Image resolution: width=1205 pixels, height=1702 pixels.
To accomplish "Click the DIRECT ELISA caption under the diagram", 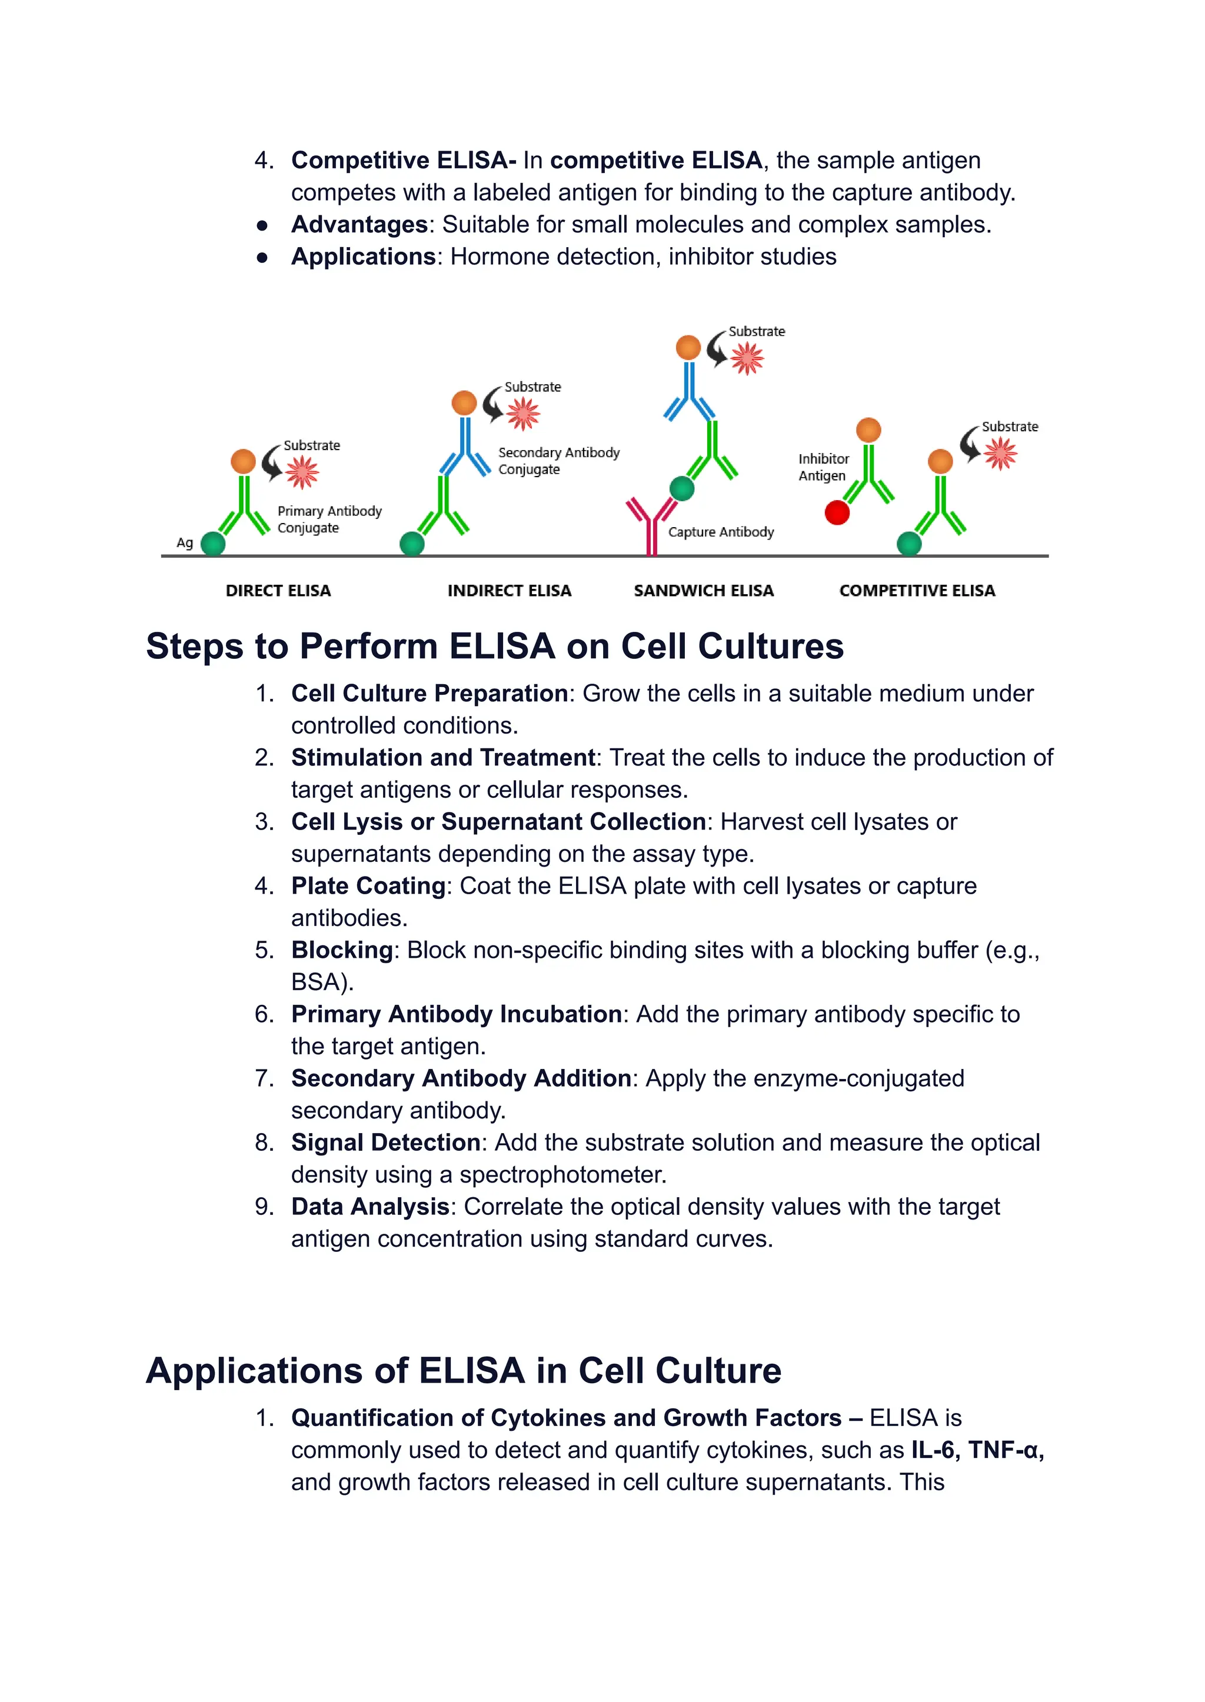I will tap(278, 591).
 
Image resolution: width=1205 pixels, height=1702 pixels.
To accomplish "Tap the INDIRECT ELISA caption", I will tap(509, 591).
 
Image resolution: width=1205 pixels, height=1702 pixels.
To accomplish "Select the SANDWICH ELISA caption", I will tap(704, 591).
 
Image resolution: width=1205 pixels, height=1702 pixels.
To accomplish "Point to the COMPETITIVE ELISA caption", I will tap(917, 591).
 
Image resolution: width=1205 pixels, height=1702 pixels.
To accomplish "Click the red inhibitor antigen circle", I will tap(837, 512).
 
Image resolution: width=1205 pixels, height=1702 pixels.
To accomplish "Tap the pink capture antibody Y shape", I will tap(651, 524).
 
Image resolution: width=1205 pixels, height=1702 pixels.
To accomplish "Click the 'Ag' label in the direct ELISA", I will tap(185, 542).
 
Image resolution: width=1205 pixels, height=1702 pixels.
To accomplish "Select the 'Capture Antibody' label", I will tap(721, 532).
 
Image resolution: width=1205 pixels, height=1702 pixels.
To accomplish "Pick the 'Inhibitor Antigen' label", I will tap(823, 468).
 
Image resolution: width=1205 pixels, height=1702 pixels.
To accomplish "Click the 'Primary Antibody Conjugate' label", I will tap(329, 519).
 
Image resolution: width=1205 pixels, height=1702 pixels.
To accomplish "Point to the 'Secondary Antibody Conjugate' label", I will tap(558, 461).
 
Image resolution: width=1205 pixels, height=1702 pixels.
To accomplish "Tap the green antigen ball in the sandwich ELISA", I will tap(682, 488).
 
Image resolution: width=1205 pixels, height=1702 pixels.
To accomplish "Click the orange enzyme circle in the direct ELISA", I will tap(242, 461).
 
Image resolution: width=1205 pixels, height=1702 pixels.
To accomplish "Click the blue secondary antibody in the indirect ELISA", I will tap(465, 445).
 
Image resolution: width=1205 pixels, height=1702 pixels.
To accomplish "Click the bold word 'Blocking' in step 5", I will tap(341, 950).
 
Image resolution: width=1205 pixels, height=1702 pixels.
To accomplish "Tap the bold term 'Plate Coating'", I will tap(368, 886).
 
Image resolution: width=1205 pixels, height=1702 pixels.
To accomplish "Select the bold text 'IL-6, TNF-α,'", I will tap(977, 1450).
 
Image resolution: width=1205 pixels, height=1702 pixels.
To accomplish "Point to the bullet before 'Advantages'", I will tap(262, 225).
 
